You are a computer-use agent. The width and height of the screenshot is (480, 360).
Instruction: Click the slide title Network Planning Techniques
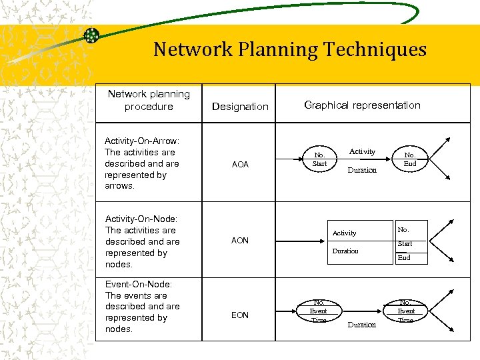tap(289, 49)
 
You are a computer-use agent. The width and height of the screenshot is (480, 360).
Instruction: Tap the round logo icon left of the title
tap(91, 36)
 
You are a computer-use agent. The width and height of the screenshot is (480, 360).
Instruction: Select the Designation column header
tap(240, 107)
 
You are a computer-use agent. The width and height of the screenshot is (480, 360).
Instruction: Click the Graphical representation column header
tap(362, 105)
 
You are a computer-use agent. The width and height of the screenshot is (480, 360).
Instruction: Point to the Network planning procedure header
tap(149, 100)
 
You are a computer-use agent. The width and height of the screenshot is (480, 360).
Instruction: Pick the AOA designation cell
tap(240, 165)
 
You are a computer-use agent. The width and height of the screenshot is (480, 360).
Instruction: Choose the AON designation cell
tap(240, 241)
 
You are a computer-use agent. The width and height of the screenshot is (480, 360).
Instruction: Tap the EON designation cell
tap(240, 315)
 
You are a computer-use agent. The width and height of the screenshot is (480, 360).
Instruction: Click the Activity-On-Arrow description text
tap(142, 163)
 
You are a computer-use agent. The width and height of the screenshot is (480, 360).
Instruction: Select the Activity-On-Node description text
tap(142, 241)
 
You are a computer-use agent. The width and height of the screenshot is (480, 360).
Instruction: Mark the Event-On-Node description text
tap(142, 307)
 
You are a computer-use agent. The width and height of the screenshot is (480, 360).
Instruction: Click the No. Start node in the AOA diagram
tap(320, 160)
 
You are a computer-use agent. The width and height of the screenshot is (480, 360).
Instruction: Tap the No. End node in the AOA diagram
tap(410, 160)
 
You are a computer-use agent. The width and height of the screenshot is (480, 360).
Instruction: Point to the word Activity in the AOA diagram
tap(363, 152)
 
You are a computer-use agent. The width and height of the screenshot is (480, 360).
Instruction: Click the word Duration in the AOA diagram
tap(363, 170)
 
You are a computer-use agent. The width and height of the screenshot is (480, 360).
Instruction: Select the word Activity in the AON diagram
tap(345, 233)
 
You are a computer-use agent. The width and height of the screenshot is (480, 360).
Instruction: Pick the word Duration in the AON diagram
tap(345, 251)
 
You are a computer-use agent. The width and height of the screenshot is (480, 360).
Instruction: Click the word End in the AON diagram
tap(404, 257)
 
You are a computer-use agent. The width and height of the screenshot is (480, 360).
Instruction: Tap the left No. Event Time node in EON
tap(319, 311)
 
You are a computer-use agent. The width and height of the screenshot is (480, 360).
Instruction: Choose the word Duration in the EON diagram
tap(363, 325)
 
